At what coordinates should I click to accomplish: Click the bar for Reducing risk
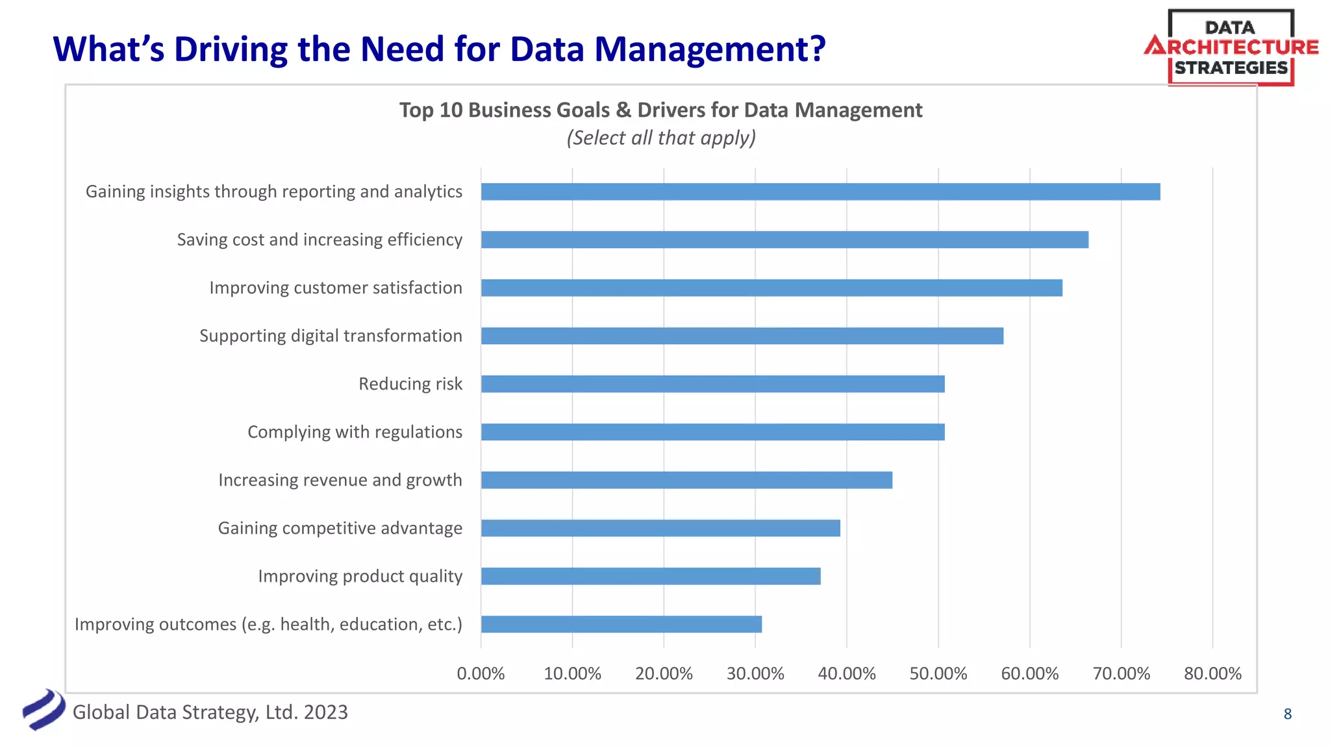pyautogui.click(x=712, y=384)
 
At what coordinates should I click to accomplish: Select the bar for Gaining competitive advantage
pyautogui.click(x=660, y=528)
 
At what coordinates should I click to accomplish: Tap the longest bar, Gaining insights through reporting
pyautogui.click(x=820, y=192)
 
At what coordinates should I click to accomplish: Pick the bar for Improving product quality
pyautogui.click(x=651, y=576)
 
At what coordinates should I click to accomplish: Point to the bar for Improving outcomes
pyautogui.click(x=621, y=624)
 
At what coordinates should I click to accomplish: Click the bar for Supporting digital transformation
pyautogui.click(x=742, y=336)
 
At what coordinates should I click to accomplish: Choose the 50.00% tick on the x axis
pyautogui.click(x=938, y=673)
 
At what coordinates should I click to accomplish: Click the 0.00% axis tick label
pyautogui.click(x=481, y=673)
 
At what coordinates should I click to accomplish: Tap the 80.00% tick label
pyautogui.click(x=1212, y=673)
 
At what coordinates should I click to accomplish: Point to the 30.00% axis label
pyautogui.click(x=755, y=673)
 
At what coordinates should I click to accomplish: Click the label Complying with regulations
pyautogui.click(x=355, y=432)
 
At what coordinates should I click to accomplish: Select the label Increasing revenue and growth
pyautogui.click(x=340, y=480)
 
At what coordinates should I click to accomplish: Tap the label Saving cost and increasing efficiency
pyautogui.click(x=320, y=240)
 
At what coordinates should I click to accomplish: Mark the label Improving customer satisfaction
pyautogui.click(x=335, y=288)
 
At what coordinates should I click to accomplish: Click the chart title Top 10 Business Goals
pyautogui.click(x=660, y=110)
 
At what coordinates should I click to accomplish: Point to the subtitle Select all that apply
pyautogui.click(x=660, y=138)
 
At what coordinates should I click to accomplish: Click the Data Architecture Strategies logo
pyautogui.click(x=1231, y=47)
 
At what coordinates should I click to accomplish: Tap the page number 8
pyautogui.click(x=1287, y=714)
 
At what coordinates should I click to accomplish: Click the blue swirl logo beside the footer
pyautogui.click(x=44, y=710)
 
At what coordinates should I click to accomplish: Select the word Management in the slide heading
pyautogui.click(x=709, y=49)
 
